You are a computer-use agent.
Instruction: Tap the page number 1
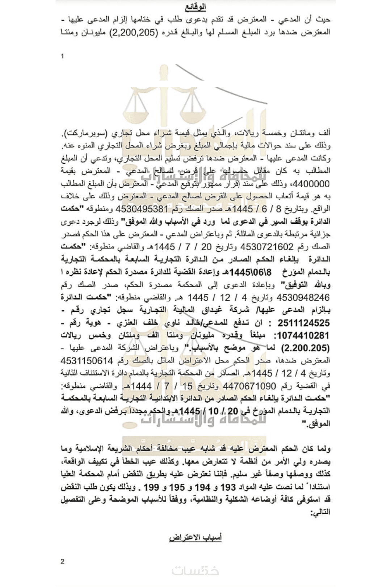point(63,56)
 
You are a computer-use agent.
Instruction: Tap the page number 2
point(63,561)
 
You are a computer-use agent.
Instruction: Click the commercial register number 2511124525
point(303,323)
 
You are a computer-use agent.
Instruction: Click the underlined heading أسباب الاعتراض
point(195,537)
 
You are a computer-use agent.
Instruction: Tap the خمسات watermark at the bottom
point(195,571)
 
